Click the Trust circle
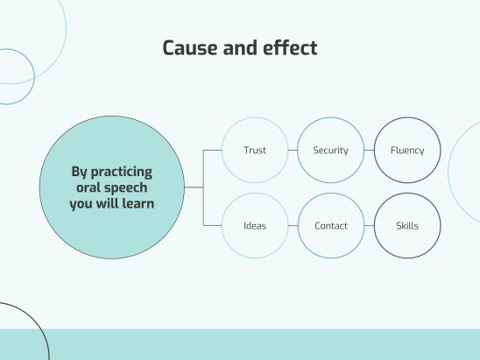click(255, 151)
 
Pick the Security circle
click(330, 151)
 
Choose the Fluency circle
click(407, 151)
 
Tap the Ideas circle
click(255, 226)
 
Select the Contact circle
click(330, 226)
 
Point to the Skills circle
click(407, 226)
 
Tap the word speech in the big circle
click(133, 187)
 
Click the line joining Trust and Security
click(293, 151)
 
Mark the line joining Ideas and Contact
click(293, 226)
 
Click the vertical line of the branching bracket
click(203, 188)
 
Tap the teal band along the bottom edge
click(263, 345)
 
